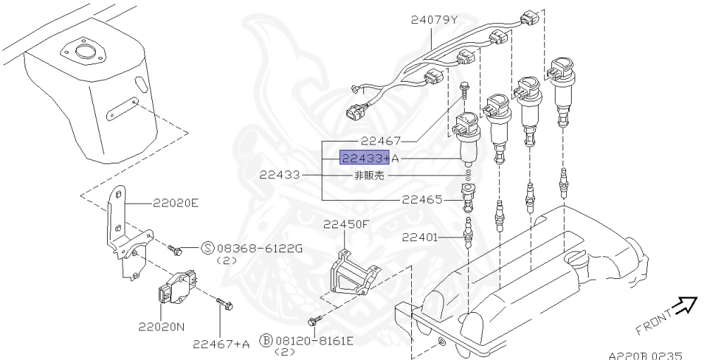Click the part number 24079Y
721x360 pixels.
tap(434, 20)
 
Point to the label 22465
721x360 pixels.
tap(422, 199)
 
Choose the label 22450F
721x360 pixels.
tap(346, 225)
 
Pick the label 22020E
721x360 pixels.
tap(176, 203)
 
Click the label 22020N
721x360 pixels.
tap(161, 327)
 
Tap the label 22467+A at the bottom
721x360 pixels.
tap(221, 344)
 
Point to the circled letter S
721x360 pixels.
tap(208, 248)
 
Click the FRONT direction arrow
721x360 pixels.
tap(682, 306)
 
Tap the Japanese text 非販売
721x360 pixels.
tap(368, 176)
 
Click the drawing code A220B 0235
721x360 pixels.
tap(645, 356)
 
